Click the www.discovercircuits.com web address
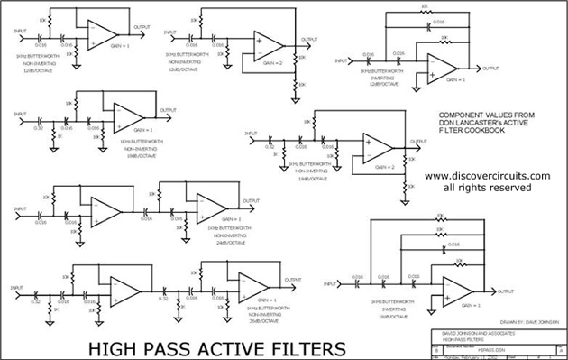pos(487,176)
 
